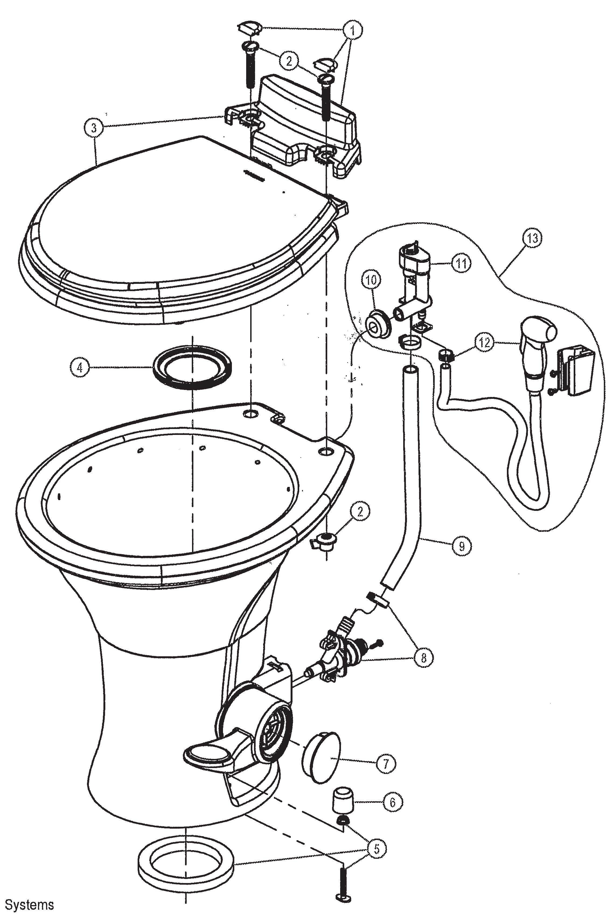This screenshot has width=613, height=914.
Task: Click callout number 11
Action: (461, 263)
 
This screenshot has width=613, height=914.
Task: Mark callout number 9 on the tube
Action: (462, 546)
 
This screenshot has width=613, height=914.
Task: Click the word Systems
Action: (29, 903)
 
